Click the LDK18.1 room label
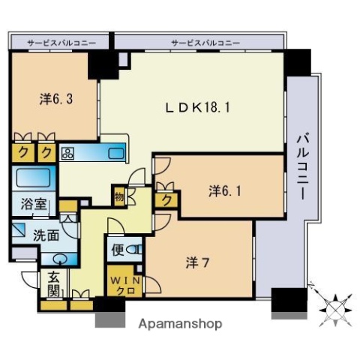tap(197, 107)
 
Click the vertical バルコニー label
tap(302, 166)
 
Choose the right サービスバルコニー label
tap(199, 43)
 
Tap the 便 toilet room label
tap(118, 249)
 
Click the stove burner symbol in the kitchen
tap(67, 153)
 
